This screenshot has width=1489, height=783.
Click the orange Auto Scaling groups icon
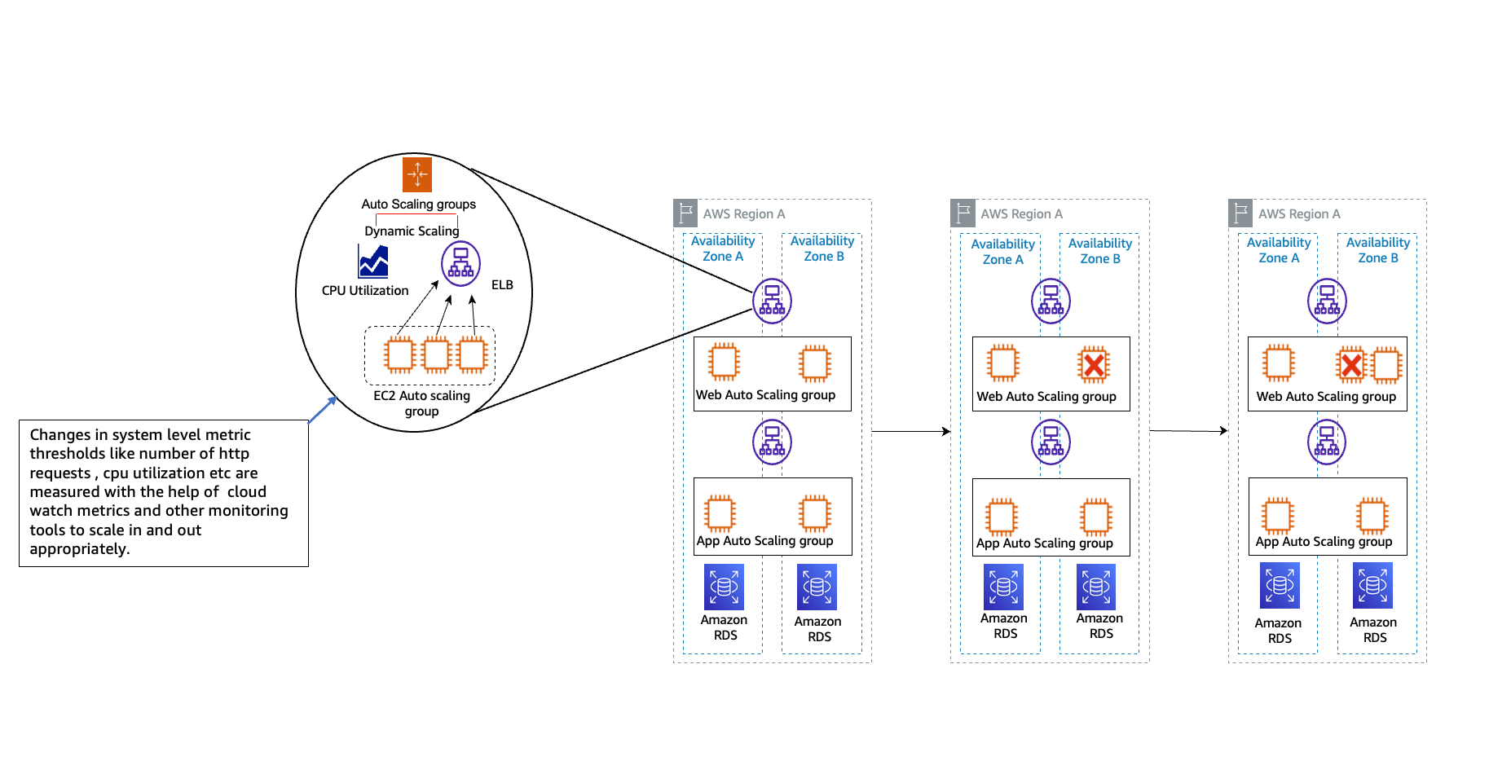[x=417, y=174]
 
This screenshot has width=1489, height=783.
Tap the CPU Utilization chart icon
[x=373, y=262]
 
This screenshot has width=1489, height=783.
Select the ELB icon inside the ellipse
[x=460, y=263]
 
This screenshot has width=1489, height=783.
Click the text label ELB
[x=502, y=285]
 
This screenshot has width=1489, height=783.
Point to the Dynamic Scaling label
[x=412, y=231]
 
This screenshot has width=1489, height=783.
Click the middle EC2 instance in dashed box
[x=436, y=355]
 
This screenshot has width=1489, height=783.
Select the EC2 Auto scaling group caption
[x=421, y=403]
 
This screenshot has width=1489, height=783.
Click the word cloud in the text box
[x=247, y=492]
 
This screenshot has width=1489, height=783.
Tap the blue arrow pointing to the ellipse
[x=323, y=410]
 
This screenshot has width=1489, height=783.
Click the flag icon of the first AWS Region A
[x=685, y=213]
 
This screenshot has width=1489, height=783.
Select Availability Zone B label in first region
[x=822, y=249]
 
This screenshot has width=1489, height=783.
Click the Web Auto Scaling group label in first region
[x=765, y=395]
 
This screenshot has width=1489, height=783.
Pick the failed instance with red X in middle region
[x=1094, y=365]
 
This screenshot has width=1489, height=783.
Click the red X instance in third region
[x=1351, y=365]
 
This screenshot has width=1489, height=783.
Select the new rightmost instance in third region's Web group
[x=1386, y=365]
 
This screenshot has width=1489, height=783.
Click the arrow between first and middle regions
[x=910, y=431]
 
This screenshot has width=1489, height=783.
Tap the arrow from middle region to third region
[x=1187, y=430]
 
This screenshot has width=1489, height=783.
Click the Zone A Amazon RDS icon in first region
[x=724, y=587]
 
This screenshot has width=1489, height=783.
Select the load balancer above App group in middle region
[x=1051, y=442]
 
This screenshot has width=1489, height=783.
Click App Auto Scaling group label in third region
[x=1324, y=542]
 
